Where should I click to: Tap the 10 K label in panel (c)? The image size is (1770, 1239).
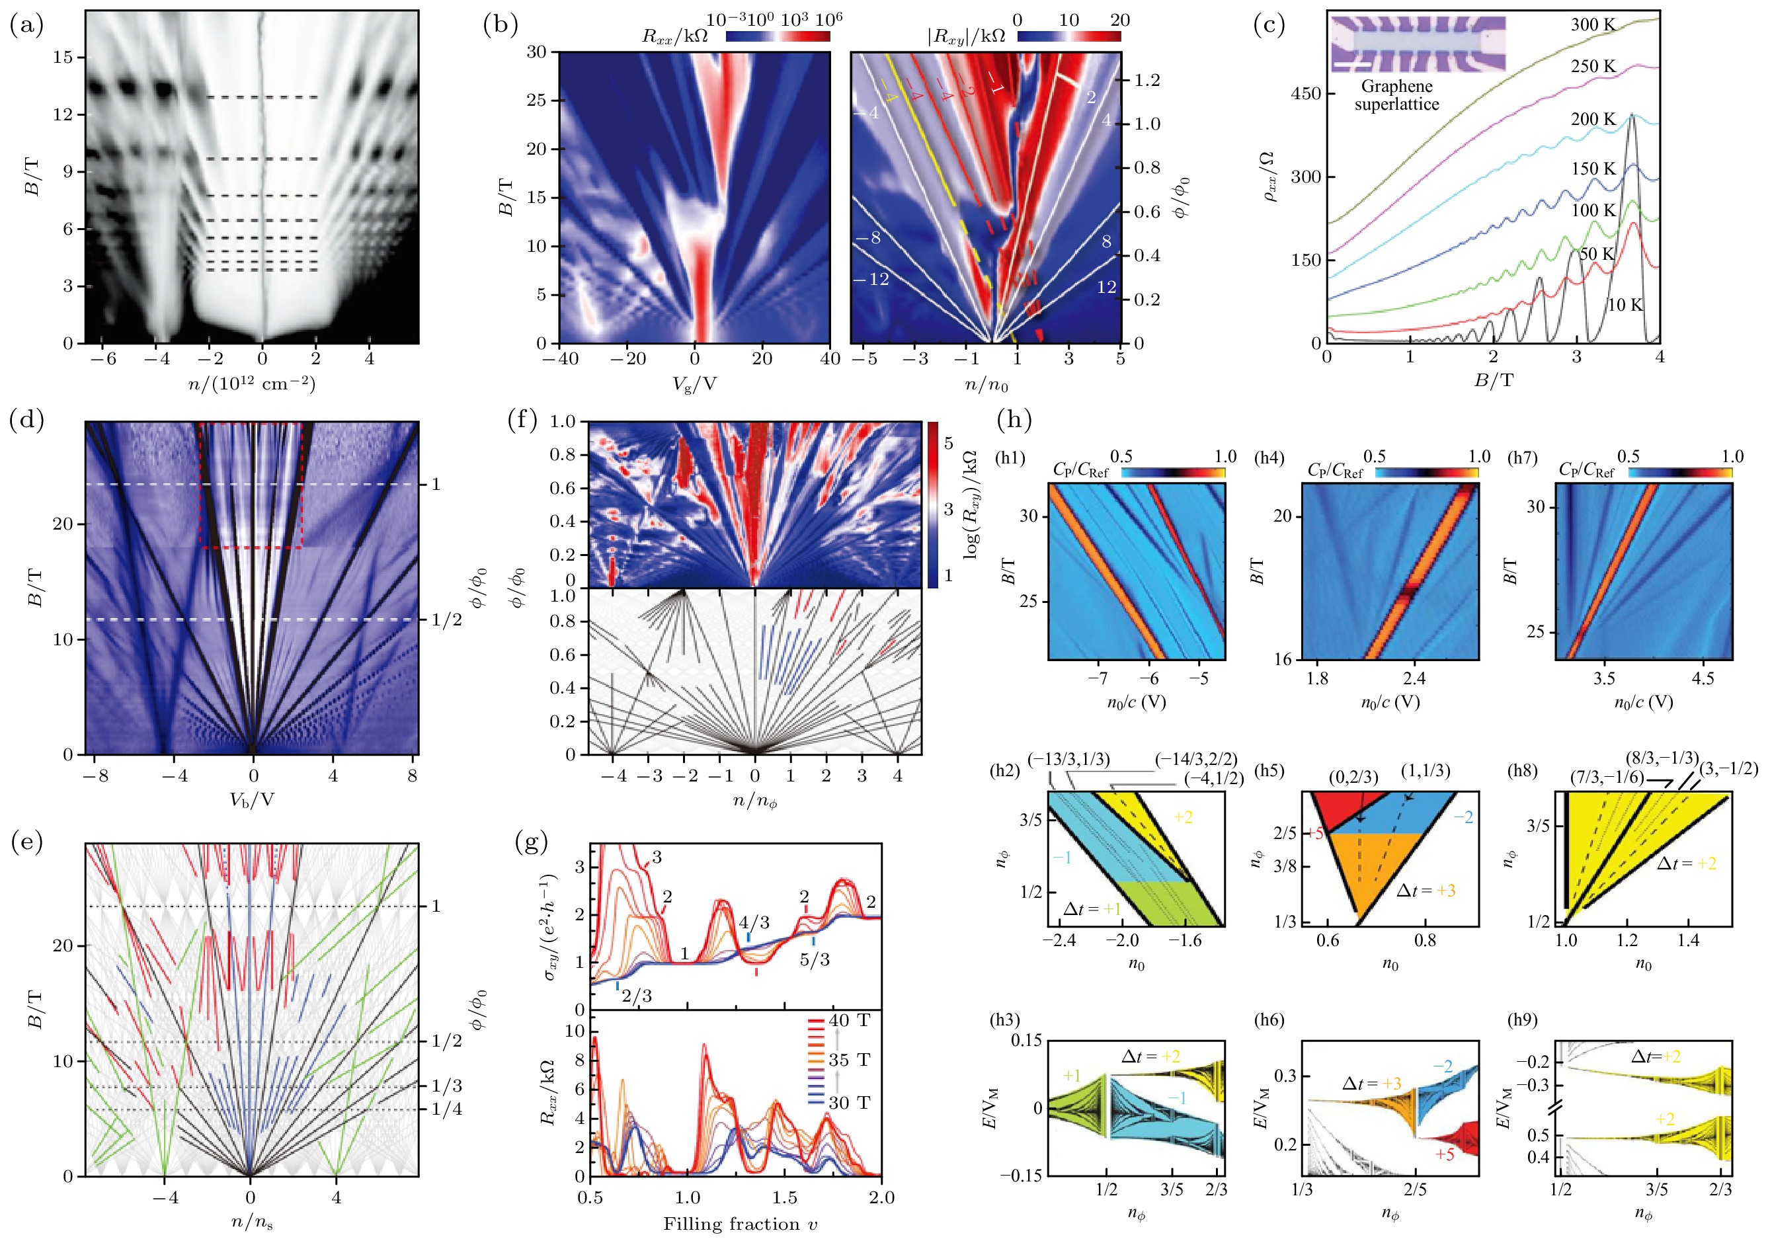(x=1625, y=305)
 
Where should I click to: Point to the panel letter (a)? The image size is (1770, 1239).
(x=26, y=24)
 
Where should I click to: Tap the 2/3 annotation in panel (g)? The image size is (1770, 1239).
(x=637, y=995)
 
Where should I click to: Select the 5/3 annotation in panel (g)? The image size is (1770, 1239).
(x=814, y=959)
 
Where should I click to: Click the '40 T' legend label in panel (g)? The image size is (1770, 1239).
(x=850, y=1021)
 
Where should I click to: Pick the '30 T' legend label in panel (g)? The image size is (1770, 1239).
(x=850, y=1103)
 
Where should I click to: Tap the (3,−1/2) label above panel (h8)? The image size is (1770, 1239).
(x=1728, y=769)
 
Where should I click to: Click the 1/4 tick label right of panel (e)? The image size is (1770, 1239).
(x=447, y=1109)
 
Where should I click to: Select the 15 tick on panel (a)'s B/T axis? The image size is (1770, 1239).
(x=63, y=57)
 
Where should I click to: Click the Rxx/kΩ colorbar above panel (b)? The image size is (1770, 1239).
(x=778, y=36)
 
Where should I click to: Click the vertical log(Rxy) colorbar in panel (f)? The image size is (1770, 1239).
(x=933, y=504)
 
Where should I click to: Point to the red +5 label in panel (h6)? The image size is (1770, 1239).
(x=1445, y=1154)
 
